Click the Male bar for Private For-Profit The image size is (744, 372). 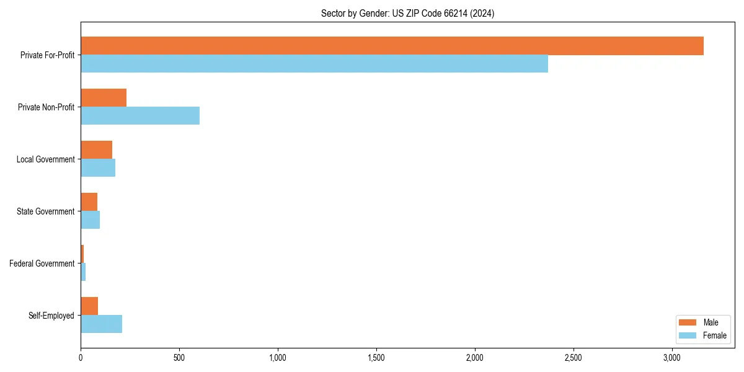tap(392, 46)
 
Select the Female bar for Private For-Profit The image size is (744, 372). tap(314, 64)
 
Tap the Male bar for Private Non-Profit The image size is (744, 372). tap(104, 98)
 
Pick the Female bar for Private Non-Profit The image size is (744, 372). tap(140, 116)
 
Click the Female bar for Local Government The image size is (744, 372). tap(98, 168)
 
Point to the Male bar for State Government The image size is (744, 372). tap(89, 202)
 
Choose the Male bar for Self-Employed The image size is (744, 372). tap(89, 306)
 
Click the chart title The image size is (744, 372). tap(407, 13)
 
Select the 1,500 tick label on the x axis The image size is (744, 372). tap(376, 358)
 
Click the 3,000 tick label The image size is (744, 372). tap(672, 358)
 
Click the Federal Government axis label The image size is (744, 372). tap(42, 263)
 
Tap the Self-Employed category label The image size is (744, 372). tap(51, 316)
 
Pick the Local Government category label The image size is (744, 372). tap(45, 159)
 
